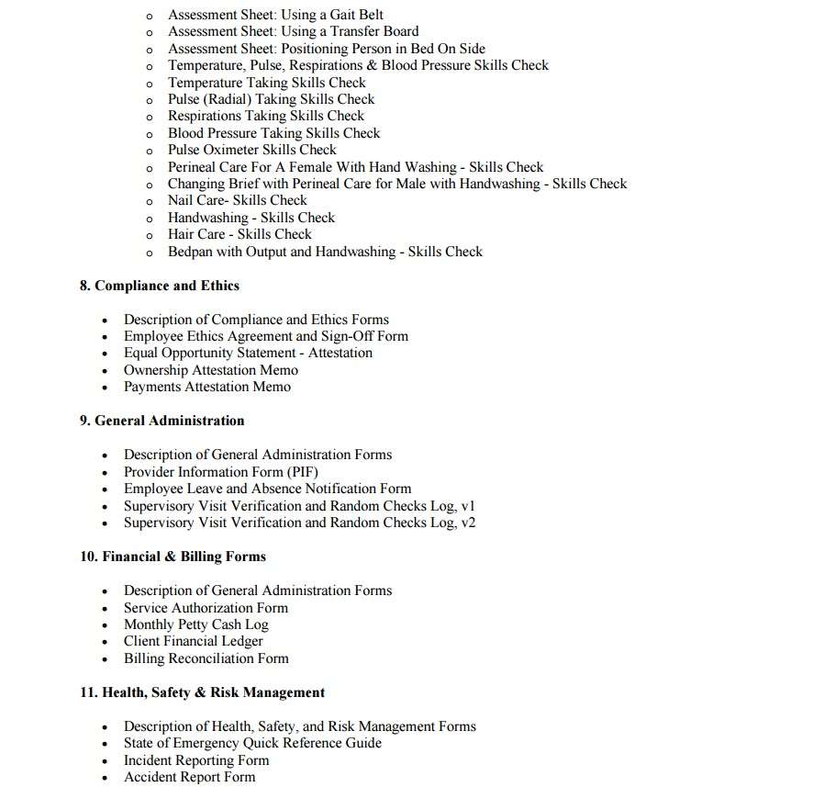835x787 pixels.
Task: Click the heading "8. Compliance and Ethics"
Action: click(159, 286)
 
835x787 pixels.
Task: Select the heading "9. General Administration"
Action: click(161, 421)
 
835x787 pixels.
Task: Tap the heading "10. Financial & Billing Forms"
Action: click(173, 557)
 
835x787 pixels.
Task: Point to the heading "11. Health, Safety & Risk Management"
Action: click(202, 692)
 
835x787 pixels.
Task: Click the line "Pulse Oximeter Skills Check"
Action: click(251, 150)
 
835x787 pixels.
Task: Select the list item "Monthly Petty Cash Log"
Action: click(195, 624)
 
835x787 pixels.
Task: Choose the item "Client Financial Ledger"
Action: click(193, 641)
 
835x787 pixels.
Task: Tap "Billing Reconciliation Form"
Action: click(206, 658)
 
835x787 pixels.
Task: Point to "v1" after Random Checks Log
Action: click(468, 506)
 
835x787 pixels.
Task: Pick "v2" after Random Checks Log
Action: click(468, 523)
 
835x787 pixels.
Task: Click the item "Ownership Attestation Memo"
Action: click(210, 370)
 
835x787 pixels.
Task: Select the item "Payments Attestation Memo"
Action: click(206, 387)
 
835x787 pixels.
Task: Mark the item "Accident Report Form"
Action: click(189, 777)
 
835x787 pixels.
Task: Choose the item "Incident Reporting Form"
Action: click(196, 760)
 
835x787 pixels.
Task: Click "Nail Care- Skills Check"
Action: click(237, 200)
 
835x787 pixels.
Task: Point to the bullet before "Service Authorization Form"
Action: click(105, 608)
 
